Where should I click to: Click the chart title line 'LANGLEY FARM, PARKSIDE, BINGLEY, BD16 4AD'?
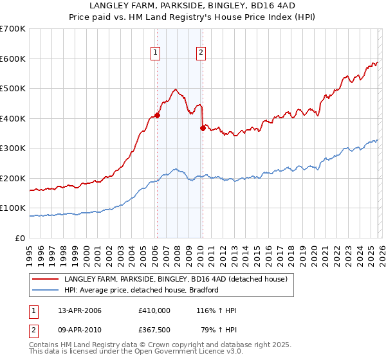[192, 6]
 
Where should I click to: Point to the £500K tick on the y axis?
[13, 89]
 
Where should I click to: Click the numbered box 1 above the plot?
[156, 53]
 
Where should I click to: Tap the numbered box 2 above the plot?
[201, 53]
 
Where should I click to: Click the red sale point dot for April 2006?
[157, 116]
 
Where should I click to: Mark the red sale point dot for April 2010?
[203, 128]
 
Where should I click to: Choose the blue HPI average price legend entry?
[142, 290]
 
